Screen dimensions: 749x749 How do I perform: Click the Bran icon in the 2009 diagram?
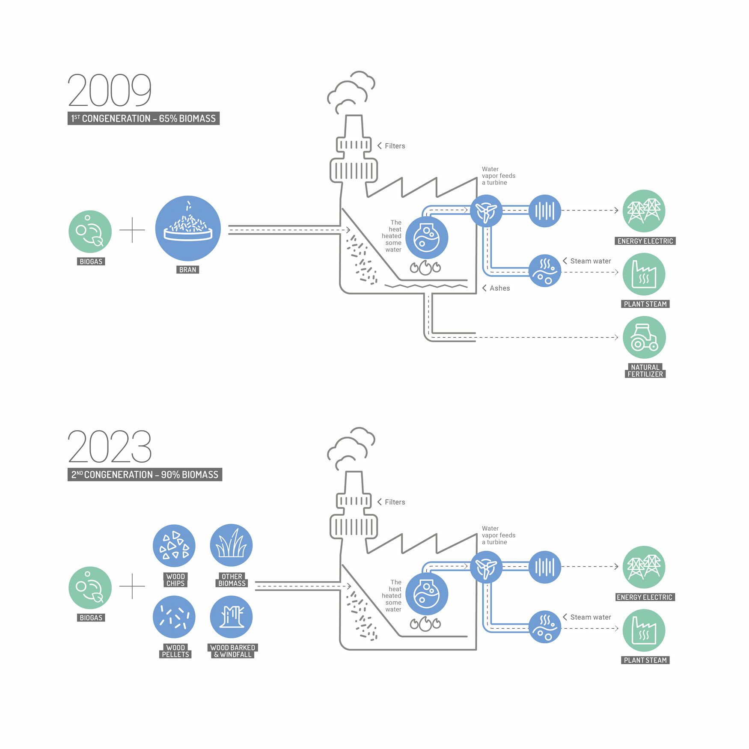pos(188,229)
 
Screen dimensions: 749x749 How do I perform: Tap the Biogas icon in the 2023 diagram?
pos(90,588)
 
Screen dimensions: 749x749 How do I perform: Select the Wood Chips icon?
pos(174,546)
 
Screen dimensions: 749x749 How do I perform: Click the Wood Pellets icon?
pos(174,617)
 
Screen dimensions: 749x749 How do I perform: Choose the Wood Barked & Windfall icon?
pos(231,617)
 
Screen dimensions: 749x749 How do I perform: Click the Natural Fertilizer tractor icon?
pos(644,337)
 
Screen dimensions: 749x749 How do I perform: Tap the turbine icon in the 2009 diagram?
pos(486,211)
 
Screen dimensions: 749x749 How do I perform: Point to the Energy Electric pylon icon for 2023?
pos(644,567)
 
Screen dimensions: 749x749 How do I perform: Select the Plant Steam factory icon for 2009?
pos(644,274)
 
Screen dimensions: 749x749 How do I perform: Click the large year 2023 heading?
pos(110,446)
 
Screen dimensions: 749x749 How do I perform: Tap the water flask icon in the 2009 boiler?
pos(427,238)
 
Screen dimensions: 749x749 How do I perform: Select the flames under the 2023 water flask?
pos(425,624)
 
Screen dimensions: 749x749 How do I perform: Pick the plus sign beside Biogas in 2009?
pos(132,230)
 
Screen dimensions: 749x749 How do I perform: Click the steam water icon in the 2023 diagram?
pos(545,627)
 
